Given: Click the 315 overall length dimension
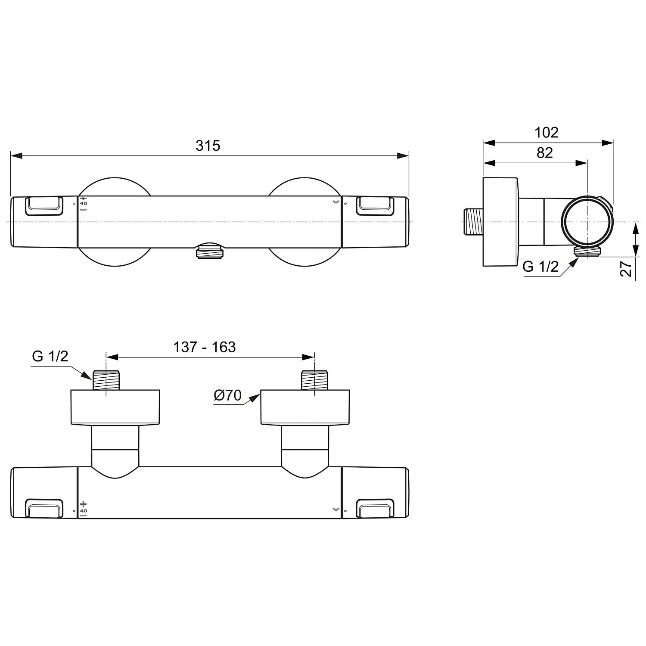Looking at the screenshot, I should pos(208,146).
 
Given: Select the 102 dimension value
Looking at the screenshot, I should pos(546,132).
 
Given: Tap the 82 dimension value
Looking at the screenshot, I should pos(544,152).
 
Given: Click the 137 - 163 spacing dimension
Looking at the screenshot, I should pos(205,347).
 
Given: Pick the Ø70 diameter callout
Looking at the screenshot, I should pos(228,395).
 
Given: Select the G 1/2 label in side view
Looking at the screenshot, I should pos(540,267).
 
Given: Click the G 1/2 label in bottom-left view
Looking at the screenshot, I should pos(50,356).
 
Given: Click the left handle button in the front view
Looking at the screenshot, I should pos(44,205).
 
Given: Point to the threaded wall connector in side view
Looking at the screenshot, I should pos(473,221).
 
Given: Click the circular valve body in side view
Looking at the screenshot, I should pos(586,221).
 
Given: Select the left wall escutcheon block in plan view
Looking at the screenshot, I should pos(115,407).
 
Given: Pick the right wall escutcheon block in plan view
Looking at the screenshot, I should pos(305,407).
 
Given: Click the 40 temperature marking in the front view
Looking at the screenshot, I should pos(84,203).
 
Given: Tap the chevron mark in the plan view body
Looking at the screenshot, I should pos(336,509).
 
